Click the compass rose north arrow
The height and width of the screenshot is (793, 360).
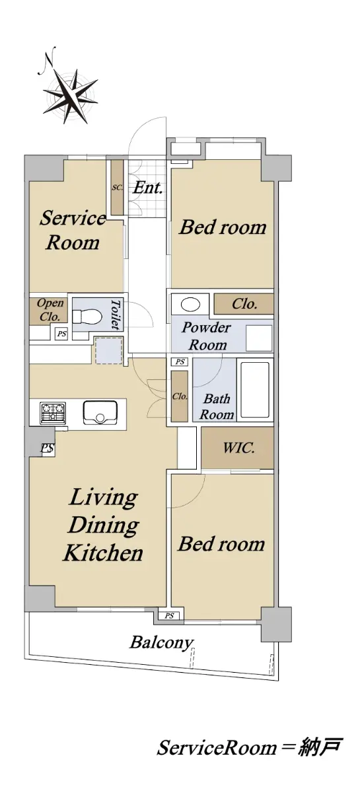click(x=71, y=92)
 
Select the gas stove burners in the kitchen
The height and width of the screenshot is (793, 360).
click(x=53, y=412)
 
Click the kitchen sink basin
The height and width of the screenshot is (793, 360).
click(x=100, y=412)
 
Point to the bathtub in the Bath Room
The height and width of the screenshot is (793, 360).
click(x=254, y=390)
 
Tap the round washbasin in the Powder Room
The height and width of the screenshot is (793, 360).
click(x=190, y=304)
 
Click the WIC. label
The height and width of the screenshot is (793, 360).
click(x=238, y=448)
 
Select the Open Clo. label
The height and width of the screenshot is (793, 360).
click(x=50, y=310)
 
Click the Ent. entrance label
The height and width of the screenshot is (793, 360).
click(x=147, y=188)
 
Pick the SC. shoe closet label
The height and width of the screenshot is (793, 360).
click(x=118, y=188)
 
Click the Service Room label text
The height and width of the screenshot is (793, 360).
click(x=73, y=230)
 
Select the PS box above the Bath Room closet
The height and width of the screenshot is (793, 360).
click(x=180, y=362)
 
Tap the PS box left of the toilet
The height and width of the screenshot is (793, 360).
click(x=62, y=334)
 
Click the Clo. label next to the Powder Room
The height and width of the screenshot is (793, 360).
click(x=244, y=304)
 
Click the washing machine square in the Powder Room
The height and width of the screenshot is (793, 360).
click(x=259, y=338)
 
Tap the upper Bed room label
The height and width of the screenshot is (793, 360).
click(x=223, y=227)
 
